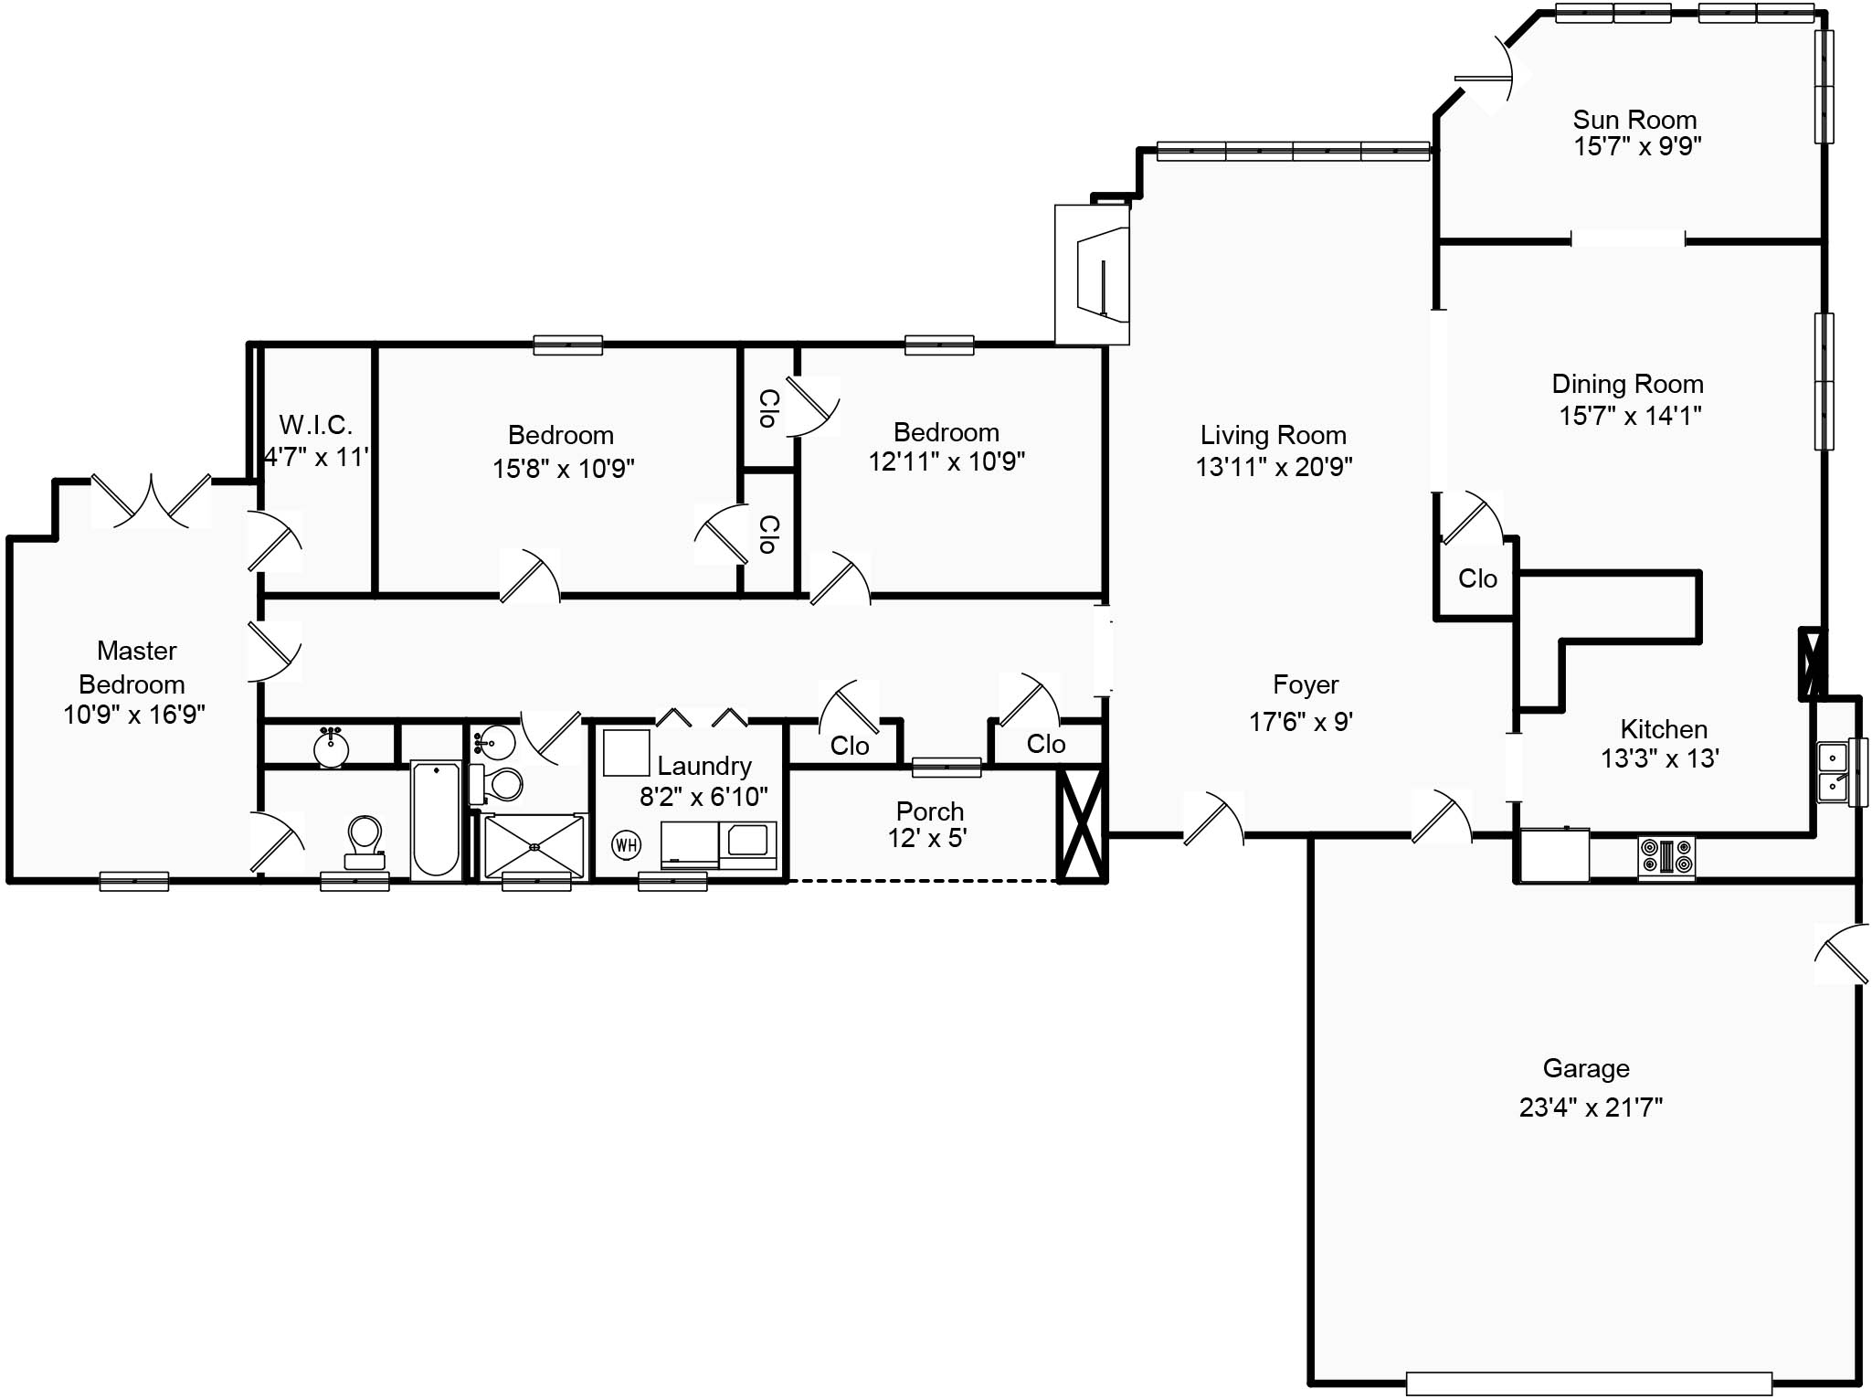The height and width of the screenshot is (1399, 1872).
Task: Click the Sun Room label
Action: tap(1634, 120)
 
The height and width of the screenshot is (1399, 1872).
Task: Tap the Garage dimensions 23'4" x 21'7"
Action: tap(1591, 1108)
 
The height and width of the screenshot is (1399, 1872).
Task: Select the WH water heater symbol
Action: tap(626, 844)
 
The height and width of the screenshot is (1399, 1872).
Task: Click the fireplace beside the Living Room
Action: tap(1093, 274)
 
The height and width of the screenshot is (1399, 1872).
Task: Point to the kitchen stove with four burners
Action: tap(1666, 857)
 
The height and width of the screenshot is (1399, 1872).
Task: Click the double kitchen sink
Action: tap(1833, 772)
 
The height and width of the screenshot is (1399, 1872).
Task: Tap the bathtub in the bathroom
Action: tap(436, 820)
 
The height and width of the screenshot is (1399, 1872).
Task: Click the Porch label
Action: tap(930, 811)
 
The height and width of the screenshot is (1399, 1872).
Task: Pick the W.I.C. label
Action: tap(315, 425)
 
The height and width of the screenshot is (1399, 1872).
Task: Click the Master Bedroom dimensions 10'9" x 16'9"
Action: tap(134, 714)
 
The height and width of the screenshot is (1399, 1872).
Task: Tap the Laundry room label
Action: tap(704, 766)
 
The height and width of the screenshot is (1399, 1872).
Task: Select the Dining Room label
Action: tap(1628, 384)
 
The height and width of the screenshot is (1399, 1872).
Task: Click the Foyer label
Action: tap(1306, 684)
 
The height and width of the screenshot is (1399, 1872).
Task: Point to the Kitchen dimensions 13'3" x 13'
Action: tap(1660, 758)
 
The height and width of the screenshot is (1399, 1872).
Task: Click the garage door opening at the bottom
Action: tap(1589, 1383)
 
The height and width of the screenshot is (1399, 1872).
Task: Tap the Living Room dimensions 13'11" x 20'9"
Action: tap(1274, 467)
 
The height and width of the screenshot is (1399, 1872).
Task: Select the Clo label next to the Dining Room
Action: tap(1477, 578)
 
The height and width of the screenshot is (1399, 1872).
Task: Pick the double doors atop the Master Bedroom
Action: tap(152, 500)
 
